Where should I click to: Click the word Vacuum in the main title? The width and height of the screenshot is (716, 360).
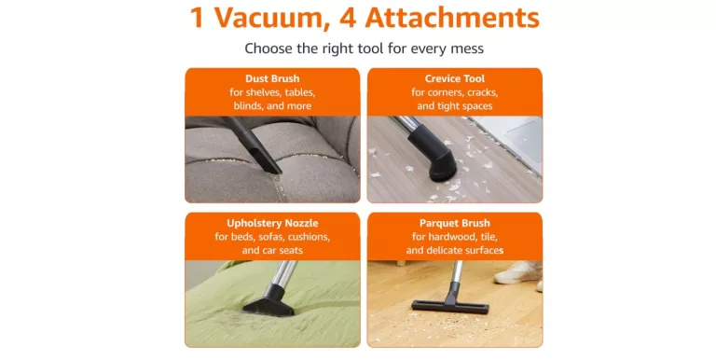coord(272,18)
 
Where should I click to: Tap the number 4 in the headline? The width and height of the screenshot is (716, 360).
coord(348,18)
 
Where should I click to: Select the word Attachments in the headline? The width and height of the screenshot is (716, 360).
coord(452,18)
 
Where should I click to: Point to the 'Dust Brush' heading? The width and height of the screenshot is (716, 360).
coord(272,78)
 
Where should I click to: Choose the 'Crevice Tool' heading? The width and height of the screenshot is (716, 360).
coord(454,78)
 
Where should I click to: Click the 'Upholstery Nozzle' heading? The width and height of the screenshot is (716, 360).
coord(272,224)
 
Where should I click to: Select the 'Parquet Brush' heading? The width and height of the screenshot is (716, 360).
coord(454,223)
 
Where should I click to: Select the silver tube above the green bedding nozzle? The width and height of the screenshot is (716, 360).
coord(284,272)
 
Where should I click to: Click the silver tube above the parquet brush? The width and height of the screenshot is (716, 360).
coord(456,271)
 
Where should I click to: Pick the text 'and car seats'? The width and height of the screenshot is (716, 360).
coord(272,250)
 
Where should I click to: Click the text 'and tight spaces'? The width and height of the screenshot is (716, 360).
coord(454,106)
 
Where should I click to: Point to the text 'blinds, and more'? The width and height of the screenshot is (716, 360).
coord(272,106)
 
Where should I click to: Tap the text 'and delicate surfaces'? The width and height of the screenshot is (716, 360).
coord(454,250)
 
